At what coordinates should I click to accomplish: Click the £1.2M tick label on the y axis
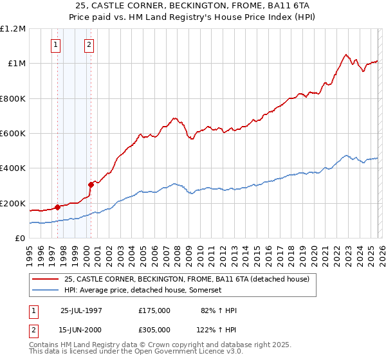(x=13, y=29)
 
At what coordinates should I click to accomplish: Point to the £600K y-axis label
(x=13, y=134)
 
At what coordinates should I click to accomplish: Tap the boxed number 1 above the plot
(x=57, y=45)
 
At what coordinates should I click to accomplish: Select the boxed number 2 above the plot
(x=89, y=45)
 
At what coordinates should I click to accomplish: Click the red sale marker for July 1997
(x=58, y=207)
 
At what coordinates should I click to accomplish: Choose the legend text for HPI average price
(x=143, y=291)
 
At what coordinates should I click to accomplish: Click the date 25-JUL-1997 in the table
(x=81, y=310)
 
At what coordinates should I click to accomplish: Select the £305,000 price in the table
(x=154, y=329)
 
